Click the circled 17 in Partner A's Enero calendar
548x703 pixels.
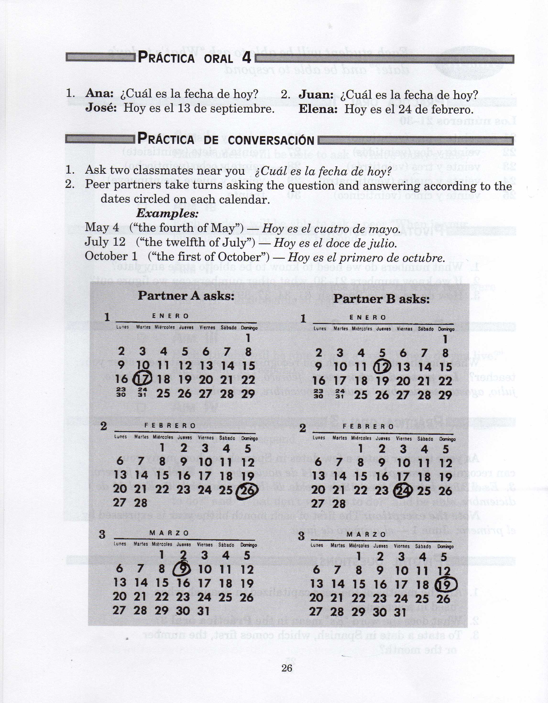pos(142,379)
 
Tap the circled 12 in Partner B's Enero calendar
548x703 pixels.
pos(382,367)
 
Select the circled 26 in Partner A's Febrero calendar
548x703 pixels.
pos(247,490)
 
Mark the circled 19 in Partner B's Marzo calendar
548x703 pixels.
pos(446,584)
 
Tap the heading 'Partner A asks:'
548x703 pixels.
pos(186,295)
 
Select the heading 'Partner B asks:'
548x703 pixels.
pos(382,299)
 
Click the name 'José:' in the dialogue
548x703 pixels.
pos(101,108)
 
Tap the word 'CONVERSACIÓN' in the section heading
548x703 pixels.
pos(271,140)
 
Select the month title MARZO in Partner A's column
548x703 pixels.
pos(169,533)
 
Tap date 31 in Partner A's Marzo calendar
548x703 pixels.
pos(203,611)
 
